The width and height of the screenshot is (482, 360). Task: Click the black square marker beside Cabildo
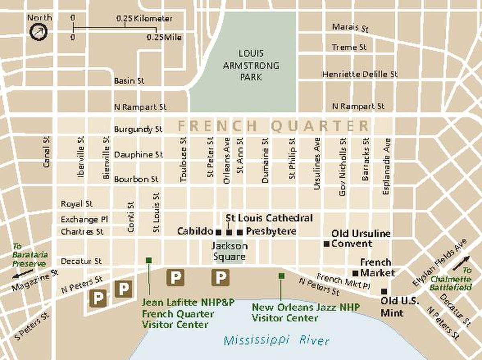[x=219, y=232]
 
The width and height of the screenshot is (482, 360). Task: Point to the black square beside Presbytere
[x=240, y=232]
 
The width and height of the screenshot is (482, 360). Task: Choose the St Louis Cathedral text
[x=269, y=218]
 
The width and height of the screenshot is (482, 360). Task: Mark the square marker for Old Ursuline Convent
[x=327, y=243]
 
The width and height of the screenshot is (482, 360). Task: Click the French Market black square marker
[x=355, y=273]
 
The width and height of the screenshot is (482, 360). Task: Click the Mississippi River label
[x=276, y=341]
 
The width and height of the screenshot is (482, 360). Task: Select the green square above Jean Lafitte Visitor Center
[x=149, y=260]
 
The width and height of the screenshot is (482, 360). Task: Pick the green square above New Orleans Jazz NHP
[x=282, y=276]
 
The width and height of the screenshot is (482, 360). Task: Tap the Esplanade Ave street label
[x=386, y=167]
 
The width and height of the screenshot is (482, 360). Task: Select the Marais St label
[x=350, y=27]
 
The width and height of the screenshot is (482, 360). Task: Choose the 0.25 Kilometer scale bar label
[x=145, y=19]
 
